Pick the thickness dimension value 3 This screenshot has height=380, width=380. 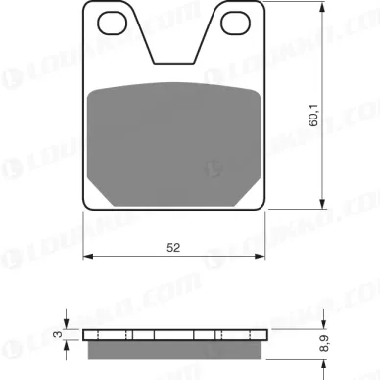58,338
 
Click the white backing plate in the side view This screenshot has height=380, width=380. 174,333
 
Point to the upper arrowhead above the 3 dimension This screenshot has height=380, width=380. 67,324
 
